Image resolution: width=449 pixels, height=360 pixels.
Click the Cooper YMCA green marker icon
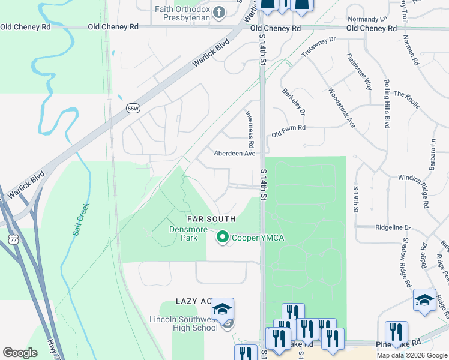(223, 238)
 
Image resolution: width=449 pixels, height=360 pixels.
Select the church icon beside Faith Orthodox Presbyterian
(219, 12)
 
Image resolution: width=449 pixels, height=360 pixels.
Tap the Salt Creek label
(82, 219)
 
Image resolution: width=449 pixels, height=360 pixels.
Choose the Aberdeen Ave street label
(235, 154)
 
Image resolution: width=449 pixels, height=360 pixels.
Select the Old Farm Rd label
(288, 128)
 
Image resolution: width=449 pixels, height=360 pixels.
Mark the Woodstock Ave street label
(342, 108)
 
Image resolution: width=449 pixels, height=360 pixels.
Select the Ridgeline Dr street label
(393, 228)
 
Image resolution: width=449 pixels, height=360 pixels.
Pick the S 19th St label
(356, 198)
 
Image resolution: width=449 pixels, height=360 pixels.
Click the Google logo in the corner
(20, 353)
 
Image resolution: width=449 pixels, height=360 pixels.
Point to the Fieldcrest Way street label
(359, 72)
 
